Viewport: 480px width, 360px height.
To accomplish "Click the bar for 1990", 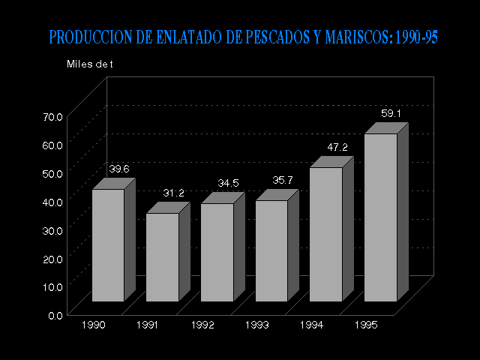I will click(x=108, y=245).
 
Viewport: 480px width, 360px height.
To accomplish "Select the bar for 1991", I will click(x=162, y=257).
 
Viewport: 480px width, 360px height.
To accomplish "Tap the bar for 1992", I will click(x=217, y=252).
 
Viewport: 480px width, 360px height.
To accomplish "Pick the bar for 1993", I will click(x=271, y=250).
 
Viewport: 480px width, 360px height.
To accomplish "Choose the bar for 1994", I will click(x=325, y=234).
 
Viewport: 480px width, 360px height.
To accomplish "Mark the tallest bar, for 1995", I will click(x=380, y=217).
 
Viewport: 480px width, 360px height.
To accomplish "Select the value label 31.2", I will click(x=174, y=193).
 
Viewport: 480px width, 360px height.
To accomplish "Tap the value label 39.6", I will click(x=119, y=169).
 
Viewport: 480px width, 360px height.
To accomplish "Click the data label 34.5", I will click(x=228, y=183).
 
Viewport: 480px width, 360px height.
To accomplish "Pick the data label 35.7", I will click(x=283, y=180).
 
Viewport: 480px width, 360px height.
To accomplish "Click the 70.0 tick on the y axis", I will click(x=53, y=117).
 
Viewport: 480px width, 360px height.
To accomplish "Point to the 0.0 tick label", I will click(x=56, y=315).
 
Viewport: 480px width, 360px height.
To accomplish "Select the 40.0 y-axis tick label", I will click(x=53, y=202).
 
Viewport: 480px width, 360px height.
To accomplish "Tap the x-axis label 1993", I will click(x=257, y=325).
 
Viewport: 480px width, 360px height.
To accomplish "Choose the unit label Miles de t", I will click(x=89, y=64).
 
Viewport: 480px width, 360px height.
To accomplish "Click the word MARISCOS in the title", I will click(x=352, y=37).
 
